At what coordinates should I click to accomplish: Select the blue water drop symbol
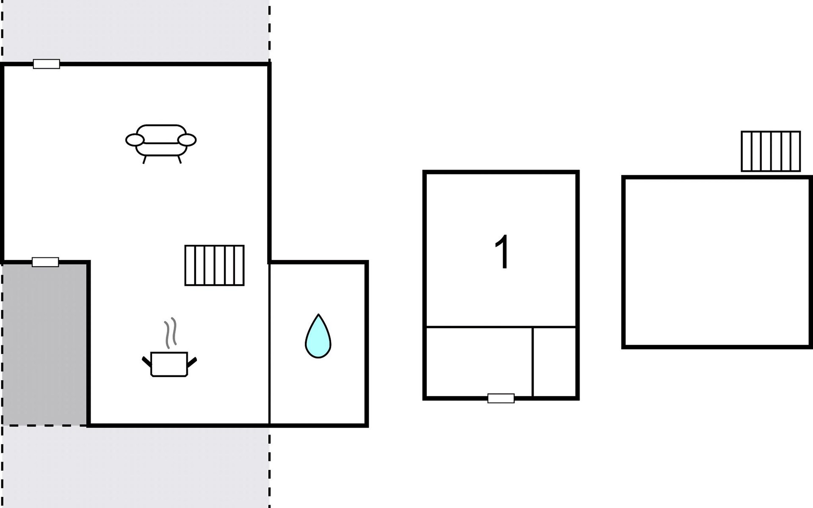click(x=318, y=337)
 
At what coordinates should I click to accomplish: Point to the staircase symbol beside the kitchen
click(x=215, y=265)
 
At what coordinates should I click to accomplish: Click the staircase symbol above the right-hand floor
click(x=771, y=151)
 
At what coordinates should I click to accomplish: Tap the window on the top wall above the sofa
click(x=47, y=64)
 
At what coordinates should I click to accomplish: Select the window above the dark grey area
click(x=45, y=262)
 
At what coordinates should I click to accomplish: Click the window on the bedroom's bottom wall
click(x=501, y=398)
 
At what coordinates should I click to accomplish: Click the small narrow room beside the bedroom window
click(x=554, y=362)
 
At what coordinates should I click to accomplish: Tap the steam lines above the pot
click(x=170, y=333)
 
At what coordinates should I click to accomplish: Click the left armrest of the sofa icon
click(x=135, y=140)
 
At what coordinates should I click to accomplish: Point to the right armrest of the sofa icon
click(x=187, y=140)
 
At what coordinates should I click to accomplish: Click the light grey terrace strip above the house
click(x=135, y=30)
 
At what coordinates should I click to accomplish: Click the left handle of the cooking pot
click(x=147, y=362)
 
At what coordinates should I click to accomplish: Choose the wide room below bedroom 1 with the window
click(x=479, y=362)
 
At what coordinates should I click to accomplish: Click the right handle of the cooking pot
click(x=192, y=362)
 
